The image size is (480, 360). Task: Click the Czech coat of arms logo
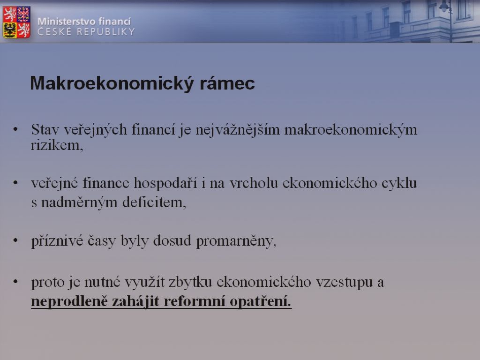16,22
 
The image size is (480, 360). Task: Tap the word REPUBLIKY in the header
105,32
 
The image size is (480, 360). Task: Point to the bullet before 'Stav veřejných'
15,129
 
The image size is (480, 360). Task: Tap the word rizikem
57,145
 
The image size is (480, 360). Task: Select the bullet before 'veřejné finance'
15,183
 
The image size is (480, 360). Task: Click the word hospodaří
165,183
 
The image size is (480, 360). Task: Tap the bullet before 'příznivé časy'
15,240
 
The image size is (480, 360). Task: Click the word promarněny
236,241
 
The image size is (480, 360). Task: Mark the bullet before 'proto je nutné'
15,282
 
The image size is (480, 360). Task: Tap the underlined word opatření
261,302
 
